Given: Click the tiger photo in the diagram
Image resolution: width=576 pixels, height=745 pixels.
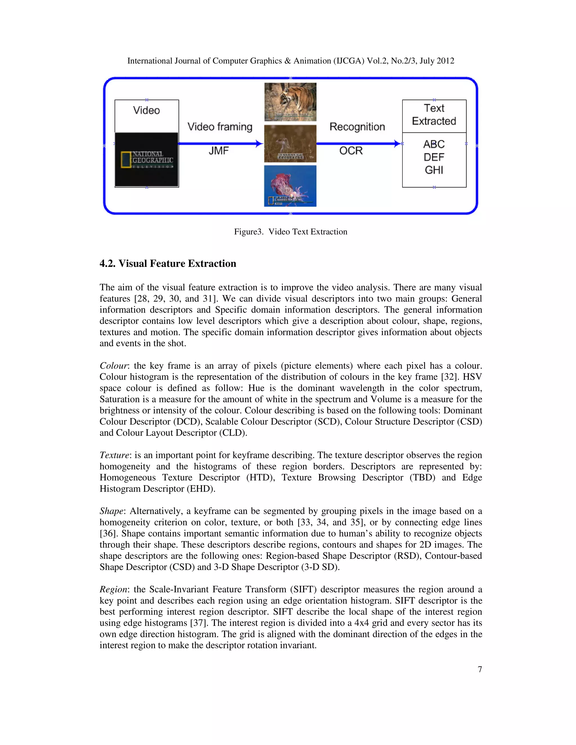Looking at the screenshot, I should [x=290, y=102].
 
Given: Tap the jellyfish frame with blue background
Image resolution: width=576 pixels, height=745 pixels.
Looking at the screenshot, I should [x=290, y=186].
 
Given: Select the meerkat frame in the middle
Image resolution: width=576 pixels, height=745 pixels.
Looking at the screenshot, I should [x=290, y=143].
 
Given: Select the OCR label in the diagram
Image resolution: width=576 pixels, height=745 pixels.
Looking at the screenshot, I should [x=350, y=150].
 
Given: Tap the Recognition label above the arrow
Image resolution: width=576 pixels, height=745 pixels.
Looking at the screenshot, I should [x=357, y=127].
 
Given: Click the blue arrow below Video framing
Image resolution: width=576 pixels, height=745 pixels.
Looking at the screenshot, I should [x=220, y=144].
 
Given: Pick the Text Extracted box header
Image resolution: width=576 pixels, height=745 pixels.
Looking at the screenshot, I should [x=434, y=115].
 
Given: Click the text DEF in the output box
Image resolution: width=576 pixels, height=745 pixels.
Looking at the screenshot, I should [x=434, y=157].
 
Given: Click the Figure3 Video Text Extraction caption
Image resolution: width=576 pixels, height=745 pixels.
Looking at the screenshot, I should [x=290, y=232].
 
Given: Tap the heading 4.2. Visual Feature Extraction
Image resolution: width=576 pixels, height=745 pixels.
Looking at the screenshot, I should [x=168, y=263].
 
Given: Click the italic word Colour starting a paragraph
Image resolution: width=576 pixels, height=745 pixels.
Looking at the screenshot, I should [x=114, y=366].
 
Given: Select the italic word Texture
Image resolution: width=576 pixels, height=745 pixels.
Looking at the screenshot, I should [x=114, y=455].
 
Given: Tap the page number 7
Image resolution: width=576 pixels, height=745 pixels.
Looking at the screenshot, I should [x=480, y=669].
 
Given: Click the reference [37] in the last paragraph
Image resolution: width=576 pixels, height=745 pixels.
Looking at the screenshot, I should [x=198, y=623].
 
